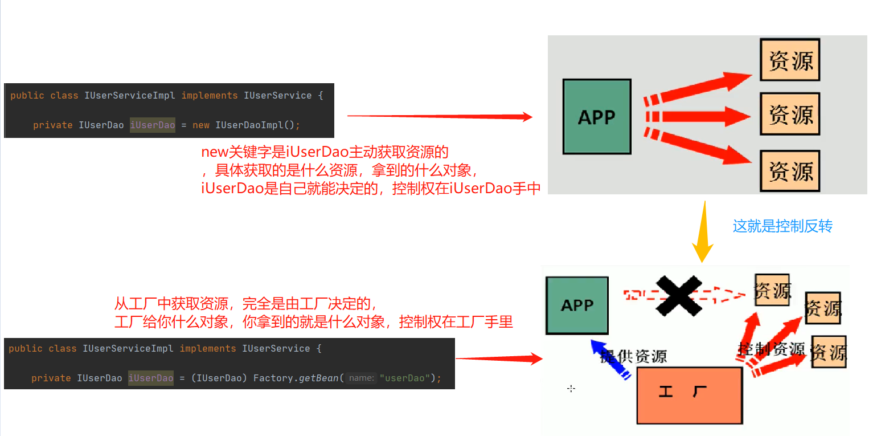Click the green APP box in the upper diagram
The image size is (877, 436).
pos(596,116)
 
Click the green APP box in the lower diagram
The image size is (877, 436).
pos(577,305)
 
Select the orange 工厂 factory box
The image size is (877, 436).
pos(689,394)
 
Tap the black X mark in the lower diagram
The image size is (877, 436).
pos(678,295)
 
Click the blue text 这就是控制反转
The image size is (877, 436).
pos(782,226)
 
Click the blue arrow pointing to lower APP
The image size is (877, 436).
pos(609,359)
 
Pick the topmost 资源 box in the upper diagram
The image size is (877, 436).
pos(790,60)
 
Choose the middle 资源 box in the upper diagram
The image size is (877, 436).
pos(790,114)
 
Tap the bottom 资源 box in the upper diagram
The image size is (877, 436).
pos(790,170)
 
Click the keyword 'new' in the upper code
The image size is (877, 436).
pos(200,125)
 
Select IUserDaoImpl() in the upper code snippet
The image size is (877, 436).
pos(257,125)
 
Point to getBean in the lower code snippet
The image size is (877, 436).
pos(319,378)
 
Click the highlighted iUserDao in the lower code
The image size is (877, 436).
pos(151,378)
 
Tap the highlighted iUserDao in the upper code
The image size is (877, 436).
pos(152,125)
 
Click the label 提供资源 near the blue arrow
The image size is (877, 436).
pos(633,356)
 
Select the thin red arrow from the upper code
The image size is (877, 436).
pos(438,116)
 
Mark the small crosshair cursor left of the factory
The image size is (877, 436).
pos(571,389)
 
